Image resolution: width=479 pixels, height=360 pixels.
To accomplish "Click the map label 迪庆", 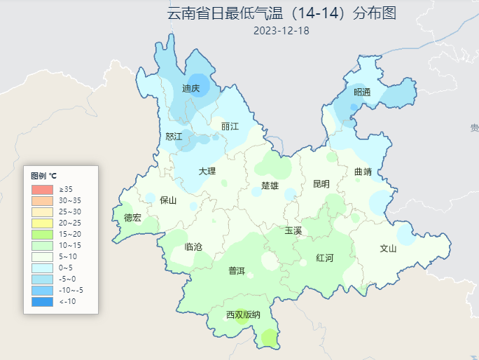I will tap(191, 88).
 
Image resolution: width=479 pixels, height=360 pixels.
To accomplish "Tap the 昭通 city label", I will tap(361, 92).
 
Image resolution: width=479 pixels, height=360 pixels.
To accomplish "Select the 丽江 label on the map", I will tap(230, 126).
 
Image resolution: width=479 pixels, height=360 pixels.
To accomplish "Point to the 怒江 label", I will tap(174, 136).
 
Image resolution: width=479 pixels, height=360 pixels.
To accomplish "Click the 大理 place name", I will tap(207, 171).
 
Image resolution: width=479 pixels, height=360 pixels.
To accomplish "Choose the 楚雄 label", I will tap(270, 186).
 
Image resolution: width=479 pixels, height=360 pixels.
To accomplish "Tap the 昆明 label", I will tap(321, 184).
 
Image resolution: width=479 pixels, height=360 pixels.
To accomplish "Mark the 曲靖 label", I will tap(363, 171).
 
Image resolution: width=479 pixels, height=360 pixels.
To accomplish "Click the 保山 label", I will tap(169, 200).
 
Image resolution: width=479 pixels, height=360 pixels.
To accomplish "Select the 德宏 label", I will tap(132, 218).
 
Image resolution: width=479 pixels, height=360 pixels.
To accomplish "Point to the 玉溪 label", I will tap(293, 230).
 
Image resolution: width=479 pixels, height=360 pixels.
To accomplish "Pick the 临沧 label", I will tap(193, 247).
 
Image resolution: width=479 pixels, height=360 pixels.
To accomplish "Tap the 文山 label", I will tap(388, 248).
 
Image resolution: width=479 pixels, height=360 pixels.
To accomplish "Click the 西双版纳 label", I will tap(243, 314).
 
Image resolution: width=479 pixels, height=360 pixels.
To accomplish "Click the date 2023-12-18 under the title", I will tap(282, 30).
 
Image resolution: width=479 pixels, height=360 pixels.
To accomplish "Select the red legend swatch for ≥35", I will tap(42, 190).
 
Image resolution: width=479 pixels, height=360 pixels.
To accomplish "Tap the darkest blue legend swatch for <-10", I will tap(42, 302).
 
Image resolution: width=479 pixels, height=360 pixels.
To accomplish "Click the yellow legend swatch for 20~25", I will tap(42, 223).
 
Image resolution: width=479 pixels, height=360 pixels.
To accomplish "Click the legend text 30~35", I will tap(70, 201).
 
